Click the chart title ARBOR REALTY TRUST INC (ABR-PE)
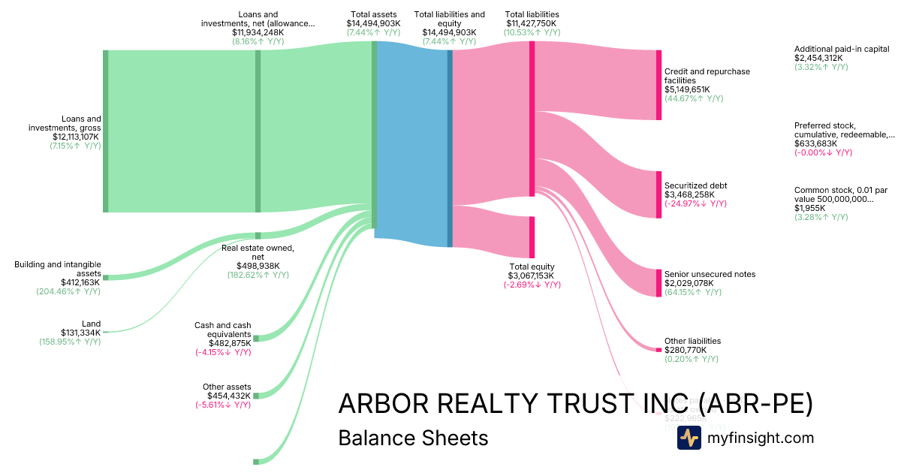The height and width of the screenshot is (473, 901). [575, 403]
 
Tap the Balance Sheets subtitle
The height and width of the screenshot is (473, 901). [413, 438]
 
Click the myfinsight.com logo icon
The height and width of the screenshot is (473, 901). [689, 438]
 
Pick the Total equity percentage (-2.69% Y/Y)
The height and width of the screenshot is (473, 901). [532, 285]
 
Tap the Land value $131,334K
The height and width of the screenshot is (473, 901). [80, 333]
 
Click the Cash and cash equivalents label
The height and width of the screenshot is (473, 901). [222, 330]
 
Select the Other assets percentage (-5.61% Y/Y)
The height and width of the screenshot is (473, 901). [222, 405]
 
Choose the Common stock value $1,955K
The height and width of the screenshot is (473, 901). [810, 208]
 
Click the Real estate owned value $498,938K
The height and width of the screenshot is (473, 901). [257, 266]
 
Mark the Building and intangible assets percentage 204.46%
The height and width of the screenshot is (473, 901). [68, 291]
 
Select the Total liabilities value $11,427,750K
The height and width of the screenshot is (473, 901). [532, 23]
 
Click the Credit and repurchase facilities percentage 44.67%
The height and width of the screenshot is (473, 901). [693, 98]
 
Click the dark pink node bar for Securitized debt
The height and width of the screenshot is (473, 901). [658, 194]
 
